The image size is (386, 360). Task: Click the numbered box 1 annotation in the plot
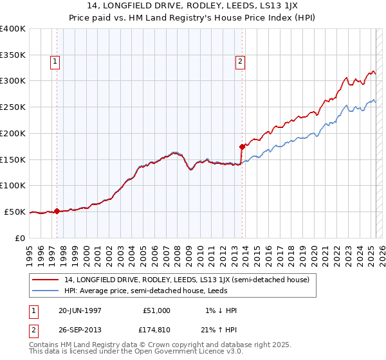pos(56,62)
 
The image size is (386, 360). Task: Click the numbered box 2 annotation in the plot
pos(240,62)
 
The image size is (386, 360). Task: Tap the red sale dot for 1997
pos(57,211)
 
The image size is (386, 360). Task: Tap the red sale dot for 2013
pos(241,146)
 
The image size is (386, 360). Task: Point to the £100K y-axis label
pos(13,185)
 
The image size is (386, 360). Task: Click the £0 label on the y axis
pos(19,238)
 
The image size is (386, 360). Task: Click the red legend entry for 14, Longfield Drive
pos(187,280)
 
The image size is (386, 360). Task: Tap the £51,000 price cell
pos(157,310)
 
